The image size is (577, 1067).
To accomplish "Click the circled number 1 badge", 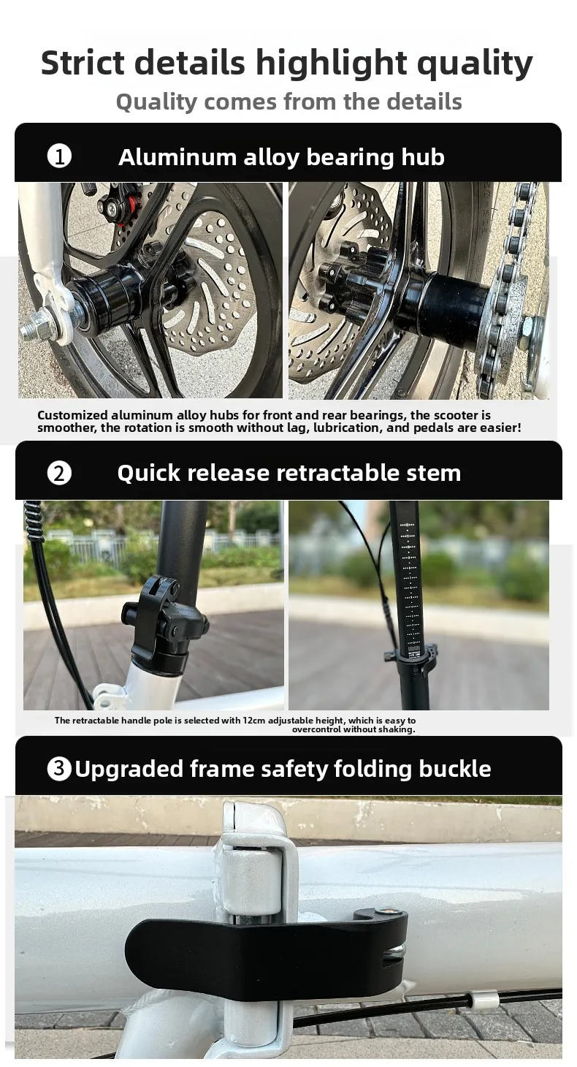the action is tap(59, 156).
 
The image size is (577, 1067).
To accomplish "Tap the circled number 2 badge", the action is tap(59, 474).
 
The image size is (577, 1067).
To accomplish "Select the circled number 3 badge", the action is tap(59, 769).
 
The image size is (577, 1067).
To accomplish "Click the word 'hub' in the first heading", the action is tap(423, 156).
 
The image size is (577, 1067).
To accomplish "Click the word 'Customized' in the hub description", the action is tap(72, 415).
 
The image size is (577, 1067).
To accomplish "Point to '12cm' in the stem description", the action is tap(253, 720).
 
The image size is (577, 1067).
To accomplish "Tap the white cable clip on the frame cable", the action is tap(485, 1001).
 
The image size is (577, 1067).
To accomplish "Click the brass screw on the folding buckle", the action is tap(385, 912).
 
